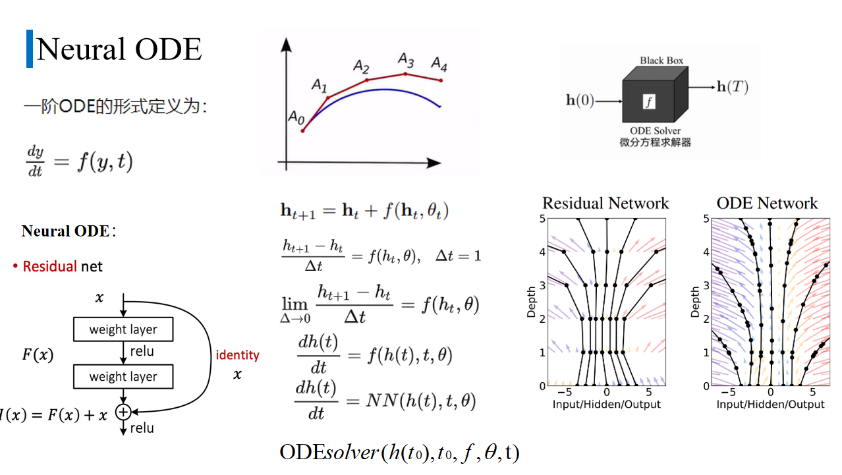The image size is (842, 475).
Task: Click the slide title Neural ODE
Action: coord(119,49)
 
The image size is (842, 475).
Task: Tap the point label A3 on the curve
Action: coord(406,61)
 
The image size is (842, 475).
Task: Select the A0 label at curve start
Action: coord(296,117)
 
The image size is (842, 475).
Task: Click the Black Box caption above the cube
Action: coord(661,61)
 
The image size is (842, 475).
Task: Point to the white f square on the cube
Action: coord(650,101)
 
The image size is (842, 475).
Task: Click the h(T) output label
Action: coord(732,86)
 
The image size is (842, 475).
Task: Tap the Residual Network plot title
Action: coord(605,203)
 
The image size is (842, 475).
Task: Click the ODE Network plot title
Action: coord(767,203)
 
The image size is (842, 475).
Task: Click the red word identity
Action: coord(238,355)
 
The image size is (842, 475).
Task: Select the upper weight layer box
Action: coord(123,329)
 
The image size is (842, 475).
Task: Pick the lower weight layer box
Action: coord(123,377)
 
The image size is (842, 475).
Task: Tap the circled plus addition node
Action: coord(123,412)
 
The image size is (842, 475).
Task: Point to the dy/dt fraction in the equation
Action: coord(35,161)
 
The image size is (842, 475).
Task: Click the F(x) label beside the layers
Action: coord(38,354)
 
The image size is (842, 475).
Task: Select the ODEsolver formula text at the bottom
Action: coord(399,452)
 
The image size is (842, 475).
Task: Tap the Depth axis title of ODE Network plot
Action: coord(696,301)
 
